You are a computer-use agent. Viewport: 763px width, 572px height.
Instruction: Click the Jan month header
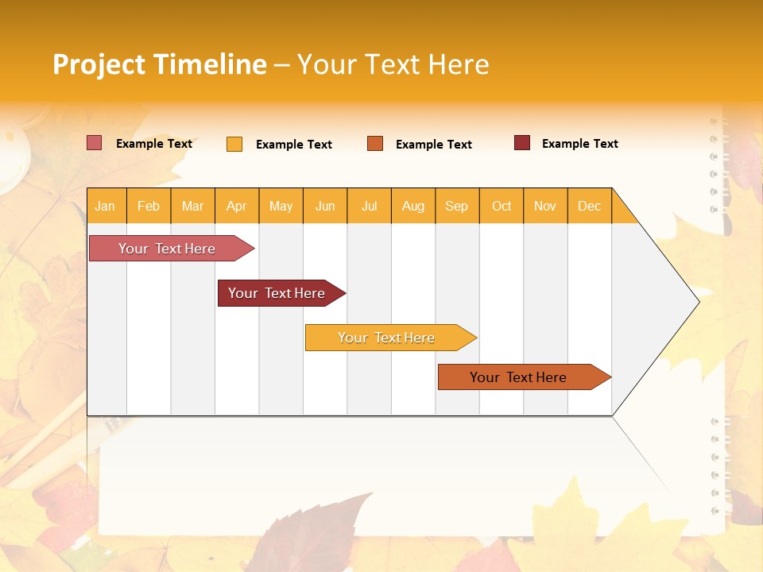coord(105,206)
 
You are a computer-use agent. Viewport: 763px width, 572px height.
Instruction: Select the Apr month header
coord(236,206)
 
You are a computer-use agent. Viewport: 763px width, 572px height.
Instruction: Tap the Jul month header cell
coord(369,206)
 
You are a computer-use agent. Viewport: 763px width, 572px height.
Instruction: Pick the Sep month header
coord(456,206)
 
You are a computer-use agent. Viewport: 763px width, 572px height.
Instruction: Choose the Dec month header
coord(589,206)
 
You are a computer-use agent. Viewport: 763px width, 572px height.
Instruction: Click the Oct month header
coord(501,206)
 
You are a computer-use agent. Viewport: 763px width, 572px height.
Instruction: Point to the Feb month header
coord(148,206)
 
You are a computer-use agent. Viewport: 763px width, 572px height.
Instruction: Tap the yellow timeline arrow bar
coord(387,338)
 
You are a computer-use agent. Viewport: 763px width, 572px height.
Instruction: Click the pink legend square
coord(94,143)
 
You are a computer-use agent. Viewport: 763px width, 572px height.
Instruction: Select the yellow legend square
coord(234,144)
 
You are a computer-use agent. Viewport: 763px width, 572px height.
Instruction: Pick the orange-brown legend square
coord(375,144)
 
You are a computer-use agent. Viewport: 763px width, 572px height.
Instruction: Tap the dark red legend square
coord(521,143)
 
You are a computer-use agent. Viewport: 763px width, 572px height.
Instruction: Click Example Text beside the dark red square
coord(579,144)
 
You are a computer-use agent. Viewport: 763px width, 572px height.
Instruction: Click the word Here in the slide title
coord(459,64)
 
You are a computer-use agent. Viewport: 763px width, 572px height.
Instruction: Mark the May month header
coord(281,206)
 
